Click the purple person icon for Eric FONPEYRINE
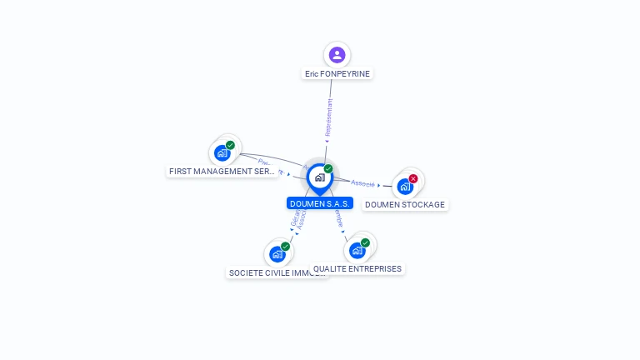tap(337, 55)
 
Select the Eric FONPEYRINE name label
tap(337, 74)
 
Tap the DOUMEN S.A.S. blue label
tap(320, 203)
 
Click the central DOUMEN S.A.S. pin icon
tap(319, 177)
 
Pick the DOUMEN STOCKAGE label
tap(405, 205)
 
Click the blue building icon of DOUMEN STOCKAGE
tap(405, 187)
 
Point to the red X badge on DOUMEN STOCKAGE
tap(413, 178)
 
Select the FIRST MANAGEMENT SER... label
tap(222, 172)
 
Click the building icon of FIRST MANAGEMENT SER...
tap(222, 153)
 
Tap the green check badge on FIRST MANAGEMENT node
tap(231, 145)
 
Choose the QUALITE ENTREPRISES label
tap(357, 269)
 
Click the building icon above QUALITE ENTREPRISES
tap(357, 250)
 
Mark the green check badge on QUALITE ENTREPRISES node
tap(365, 242)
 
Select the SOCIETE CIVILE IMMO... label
tap(277, 273)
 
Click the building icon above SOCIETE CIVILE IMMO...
tap(277, 254)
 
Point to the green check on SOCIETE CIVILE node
tap(286, 247)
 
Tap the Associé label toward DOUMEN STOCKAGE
tap(362, 183)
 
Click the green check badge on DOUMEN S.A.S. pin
tap(328, 169)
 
